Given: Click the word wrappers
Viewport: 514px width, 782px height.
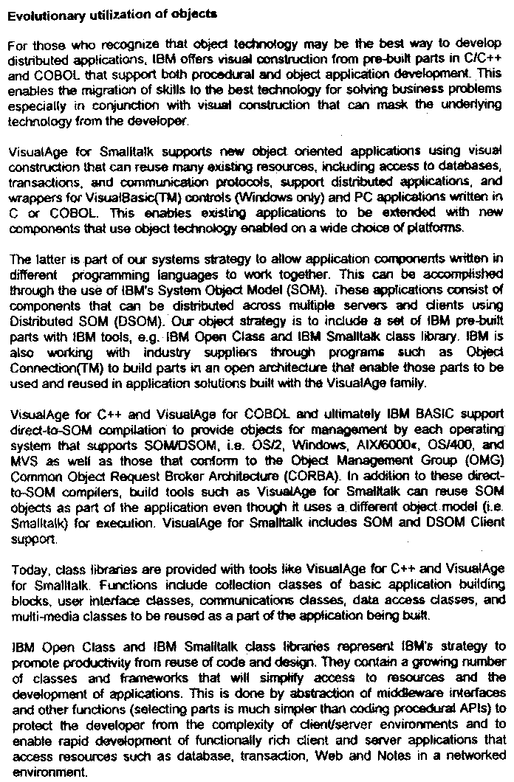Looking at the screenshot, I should click(30, 198).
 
